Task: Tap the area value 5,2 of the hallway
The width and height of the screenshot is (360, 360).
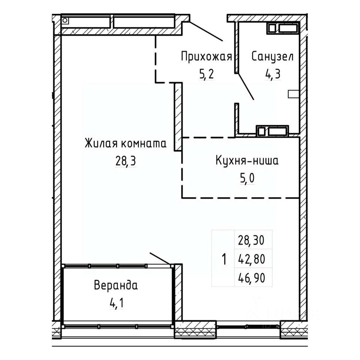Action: coord(207,74)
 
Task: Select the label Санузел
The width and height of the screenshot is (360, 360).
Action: coord(273,57)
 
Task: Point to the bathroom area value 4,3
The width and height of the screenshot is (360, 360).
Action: coord(273,74)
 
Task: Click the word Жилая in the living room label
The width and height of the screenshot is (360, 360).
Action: coord(100,144)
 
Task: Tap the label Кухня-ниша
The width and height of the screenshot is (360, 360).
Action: coord(247,160)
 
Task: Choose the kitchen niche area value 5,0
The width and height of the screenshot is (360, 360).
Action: coord(247,178)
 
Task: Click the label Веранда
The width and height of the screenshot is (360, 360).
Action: coord(116,285)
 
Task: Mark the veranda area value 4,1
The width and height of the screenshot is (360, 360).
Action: coord(116,303)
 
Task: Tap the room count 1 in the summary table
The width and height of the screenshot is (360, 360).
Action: coord(224,259)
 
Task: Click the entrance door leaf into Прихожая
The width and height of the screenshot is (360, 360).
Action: coord(206,31)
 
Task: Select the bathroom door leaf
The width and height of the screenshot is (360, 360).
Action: coord(245,87)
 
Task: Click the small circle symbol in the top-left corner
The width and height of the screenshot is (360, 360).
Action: coord(65,20)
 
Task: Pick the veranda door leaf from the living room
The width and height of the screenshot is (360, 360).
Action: coord(160,258)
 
